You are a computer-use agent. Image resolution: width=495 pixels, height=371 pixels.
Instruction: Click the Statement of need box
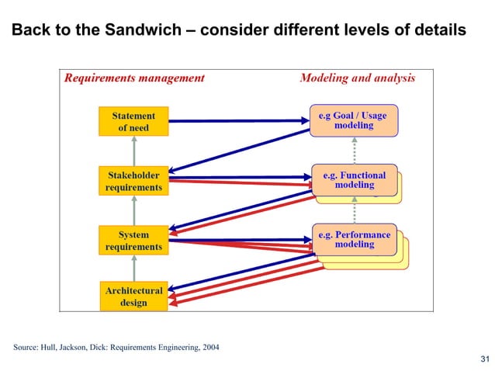(x=133, y=122)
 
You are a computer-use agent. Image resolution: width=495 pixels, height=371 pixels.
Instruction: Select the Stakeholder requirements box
(x=133, y=181)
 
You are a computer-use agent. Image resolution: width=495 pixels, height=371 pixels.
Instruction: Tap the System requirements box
(x=133, y=240)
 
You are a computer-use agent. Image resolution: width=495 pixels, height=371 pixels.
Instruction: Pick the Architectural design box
(x=133, y=296)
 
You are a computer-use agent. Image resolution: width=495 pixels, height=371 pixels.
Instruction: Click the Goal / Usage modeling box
(x=353, y=120)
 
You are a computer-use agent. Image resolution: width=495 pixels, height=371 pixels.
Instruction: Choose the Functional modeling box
(x=354, y=179)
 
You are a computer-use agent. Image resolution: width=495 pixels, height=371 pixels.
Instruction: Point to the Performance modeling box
(x=354, y=238)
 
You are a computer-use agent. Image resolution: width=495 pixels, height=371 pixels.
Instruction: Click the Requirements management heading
(x=134, y=78)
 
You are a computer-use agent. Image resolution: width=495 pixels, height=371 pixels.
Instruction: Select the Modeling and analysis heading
(x=357, y=78)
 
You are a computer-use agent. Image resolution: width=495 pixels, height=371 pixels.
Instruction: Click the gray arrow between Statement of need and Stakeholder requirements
(x=133, y=151)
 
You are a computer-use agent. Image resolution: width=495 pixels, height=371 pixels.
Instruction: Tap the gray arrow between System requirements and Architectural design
(x=133, y=268)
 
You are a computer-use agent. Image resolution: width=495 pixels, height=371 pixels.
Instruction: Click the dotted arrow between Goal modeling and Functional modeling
(x=354, y=150)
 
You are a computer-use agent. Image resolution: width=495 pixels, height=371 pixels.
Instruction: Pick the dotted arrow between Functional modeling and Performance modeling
(x=354, y=210)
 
